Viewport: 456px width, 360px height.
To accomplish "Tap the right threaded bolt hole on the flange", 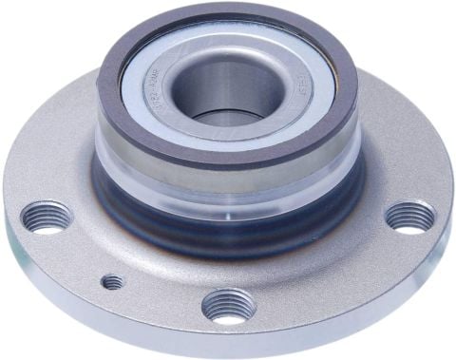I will [x=410, y=217].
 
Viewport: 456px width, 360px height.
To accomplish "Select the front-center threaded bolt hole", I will [x=228, y=306].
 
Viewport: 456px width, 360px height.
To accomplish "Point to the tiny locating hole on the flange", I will [x=112, y=282].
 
